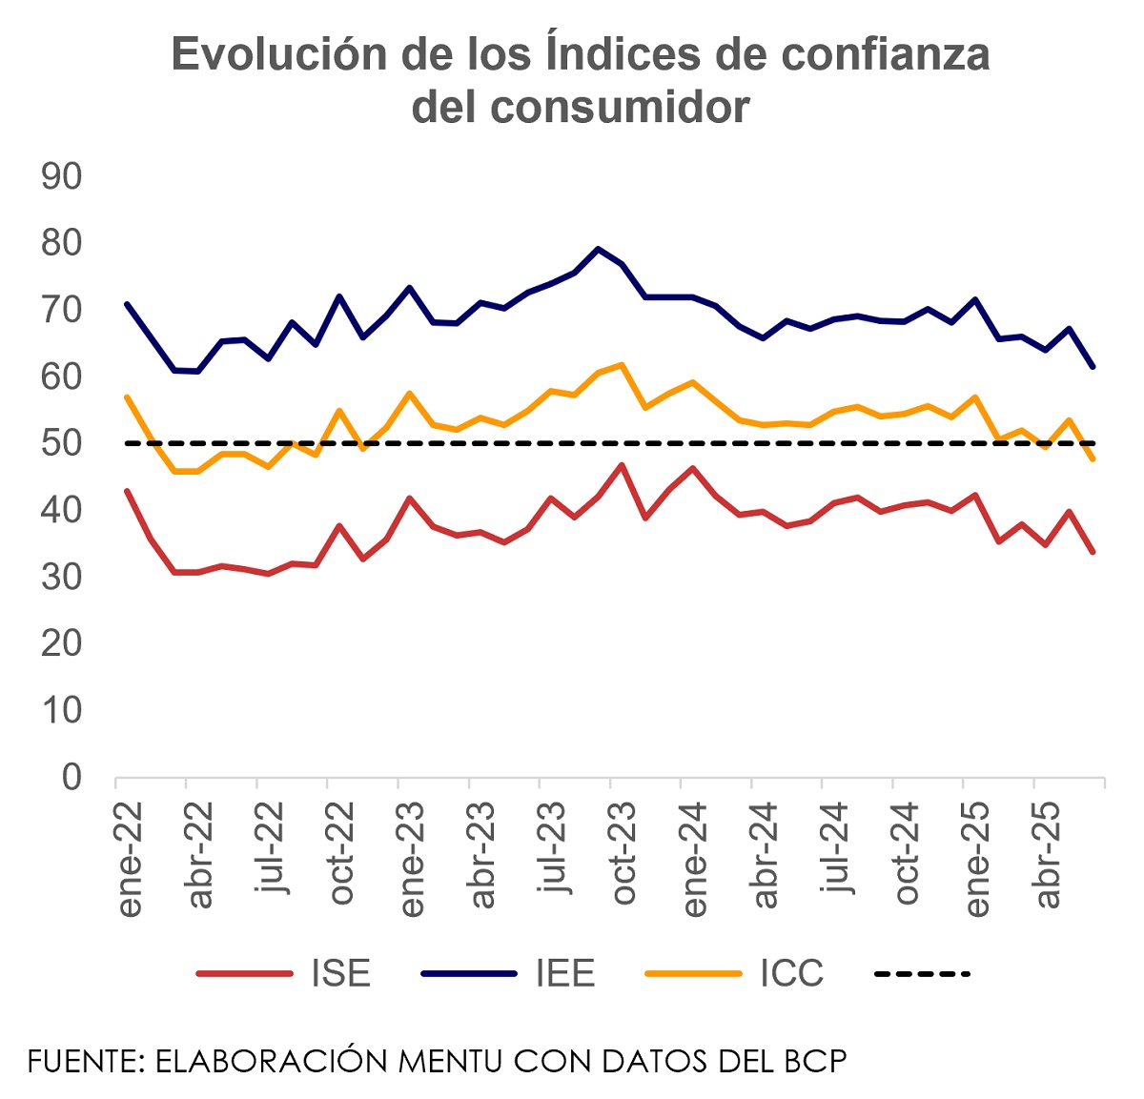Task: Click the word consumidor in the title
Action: point(581,107)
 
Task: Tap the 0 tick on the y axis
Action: point(72,777)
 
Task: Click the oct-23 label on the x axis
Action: point(623,853)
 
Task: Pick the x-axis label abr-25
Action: point(1048,854)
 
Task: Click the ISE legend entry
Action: point(340,973)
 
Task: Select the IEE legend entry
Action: point(564,973)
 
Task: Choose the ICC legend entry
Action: point(791,973)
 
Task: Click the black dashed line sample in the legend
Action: point(922,973)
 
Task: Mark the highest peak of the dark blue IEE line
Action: point(598,249)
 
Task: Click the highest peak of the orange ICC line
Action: point(622,364)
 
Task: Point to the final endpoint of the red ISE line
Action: point(1093,552)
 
